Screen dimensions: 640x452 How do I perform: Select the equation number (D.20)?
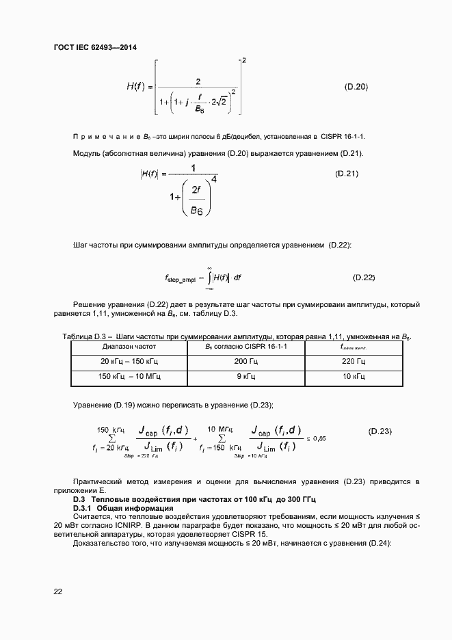356,87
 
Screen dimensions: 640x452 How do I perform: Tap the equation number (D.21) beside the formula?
347,174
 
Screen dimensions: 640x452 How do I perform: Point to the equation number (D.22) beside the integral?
364,277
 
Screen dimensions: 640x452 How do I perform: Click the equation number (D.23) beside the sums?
380,431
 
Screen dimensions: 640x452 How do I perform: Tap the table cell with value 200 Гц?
245,361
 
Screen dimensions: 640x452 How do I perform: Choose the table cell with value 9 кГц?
245,377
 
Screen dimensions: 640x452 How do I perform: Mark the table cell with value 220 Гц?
354,361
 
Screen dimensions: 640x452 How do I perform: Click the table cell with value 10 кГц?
354,377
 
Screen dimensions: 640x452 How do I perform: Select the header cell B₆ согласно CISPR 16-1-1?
245,347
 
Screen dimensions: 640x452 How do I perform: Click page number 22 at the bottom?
58,591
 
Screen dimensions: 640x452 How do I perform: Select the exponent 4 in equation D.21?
215,180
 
